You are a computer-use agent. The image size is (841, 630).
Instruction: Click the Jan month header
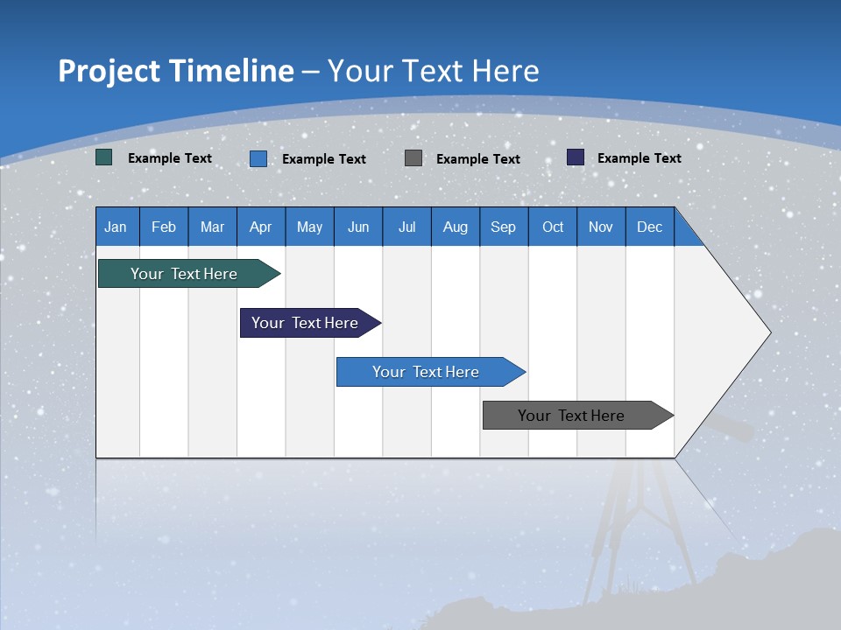[117, 227]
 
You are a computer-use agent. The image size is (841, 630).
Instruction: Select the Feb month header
[164, 227]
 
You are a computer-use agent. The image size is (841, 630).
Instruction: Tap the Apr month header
[261, 227]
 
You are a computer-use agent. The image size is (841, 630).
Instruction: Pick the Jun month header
[358, 227]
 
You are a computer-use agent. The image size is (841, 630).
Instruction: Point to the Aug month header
[456, 227]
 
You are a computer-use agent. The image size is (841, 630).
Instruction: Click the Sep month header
[504, 227]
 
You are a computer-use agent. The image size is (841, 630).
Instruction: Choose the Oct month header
[553, 227]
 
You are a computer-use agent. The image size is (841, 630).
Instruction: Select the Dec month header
[650, 227]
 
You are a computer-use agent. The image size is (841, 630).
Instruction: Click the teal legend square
[104, 157]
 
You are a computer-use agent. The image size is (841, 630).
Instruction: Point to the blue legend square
[258, 158]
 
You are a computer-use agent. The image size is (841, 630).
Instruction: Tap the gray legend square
[413, 157]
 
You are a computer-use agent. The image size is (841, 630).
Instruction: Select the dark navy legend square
[576, 157]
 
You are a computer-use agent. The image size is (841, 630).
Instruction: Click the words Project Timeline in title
[176, 70]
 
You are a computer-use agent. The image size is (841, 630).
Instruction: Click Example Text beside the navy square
[640, 158]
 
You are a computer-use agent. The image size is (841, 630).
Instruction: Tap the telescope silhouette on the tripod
[731, 430]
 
